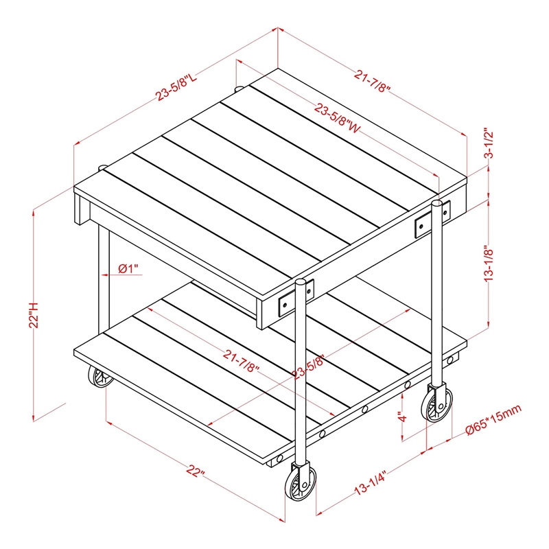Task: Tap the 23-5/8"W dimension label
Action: click(337, 118)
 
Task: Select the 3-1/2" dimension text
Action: click(489, 143)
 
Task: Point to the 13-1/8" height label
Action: click(489, 265)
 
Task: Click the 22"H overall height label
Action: click(34, 315)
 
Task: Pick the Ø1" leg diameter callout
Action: click(128, 269)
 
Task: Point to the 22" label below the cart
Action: click(196, 471)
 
